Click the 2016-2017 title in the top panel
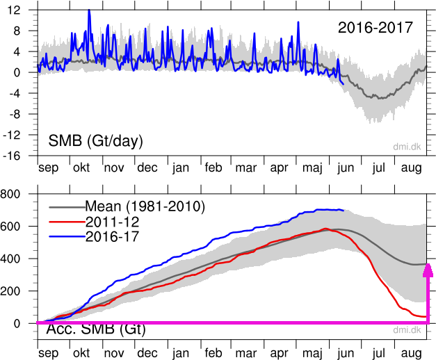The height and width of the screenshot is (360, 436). (x=376, y=28)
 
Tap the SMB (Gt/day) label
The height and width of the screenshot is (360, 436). (x=95, y=141)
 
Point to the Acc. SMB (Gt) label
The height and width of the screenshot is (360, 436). (x=95, y=329)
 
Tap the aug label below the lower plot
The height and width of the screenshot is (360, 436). (x=410, y=353)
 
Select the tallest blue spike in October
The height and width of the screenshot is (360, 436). (x=89, y=11)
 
